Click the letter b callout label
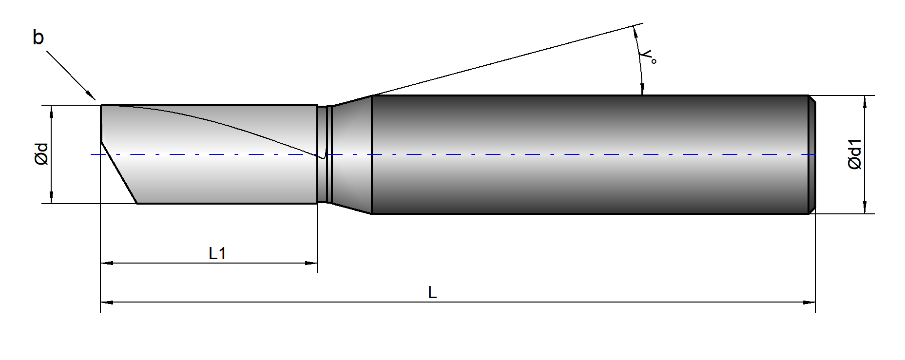point(38,38)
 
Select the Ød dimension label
point(42,154)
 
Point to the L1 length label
point(217,253)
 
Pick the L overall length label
point(432,292)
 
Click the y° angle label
point(649,57)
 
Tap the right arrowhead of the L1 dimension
point(311,263)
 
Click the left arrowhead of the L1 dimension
point(107,263)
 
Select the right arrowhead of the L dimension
point(809,303)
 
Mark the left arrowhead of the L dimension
point(107,303)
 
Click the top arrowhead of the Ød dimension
point(51,112)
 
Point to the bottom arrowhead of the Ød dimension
point(51,197)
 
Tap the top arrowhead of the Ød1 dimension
point(865,102)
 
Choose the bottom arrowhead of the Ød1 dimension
point(865,207)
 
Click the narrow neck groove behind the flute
point(324,154)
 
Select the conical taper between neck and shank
point(351,154)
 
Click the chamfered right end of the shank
point(812,154)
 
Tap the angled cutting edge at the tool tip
point(119,173)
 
